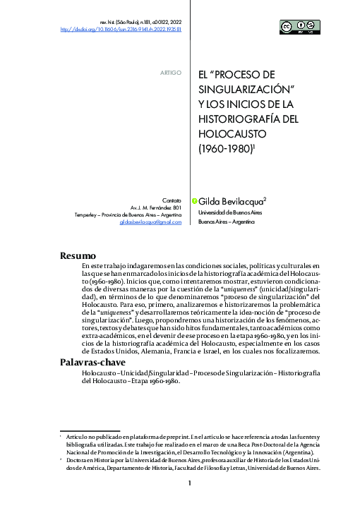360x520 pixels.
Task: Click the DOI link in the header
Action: pyautogui.click(x=120, y=30)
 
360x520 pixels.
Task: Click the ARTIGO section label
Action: pyautogui.click(x=172, y=73)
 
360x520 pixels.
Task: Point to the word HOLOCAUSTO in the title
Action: pyautogui.click(x=233, y=133)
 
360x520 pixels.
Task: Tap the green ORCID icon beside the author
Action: pyautogui.click(x=194, y=200)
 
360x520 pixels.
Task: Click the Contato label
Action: pyautogui.click(x=172, y=200)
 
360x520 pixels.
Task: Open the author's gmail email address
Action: pyautogui.click(x=150, y=222)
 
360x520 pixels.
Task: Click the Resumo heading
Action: pyautogui.click(x=78, y=255)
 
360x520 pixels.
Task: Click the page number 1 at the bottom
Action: pyautogui.click(x=190, y=483)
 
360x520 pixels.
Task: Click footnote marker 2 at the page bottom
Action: pyautogui.click(x=61, y=458)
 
